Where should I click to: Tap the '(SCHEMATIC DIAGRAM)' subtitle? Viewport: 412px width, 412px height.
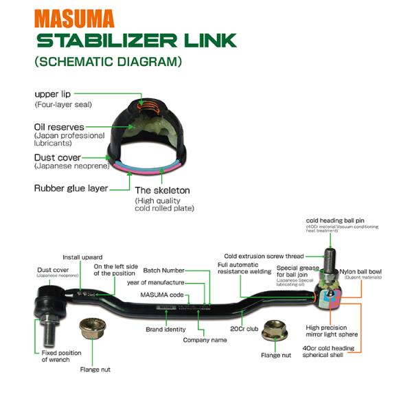[x=108, y=62]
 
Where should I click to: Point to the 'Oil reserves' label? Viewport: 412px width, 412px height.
[x=60, y=127]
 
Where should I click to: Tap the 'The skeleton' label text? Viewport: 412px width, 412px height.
[x=162, y=190]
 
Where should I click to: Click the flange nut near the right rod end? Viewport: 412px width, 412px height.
[x=275, y=331]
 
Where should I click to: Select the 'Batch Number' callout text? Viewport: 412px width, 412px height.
[x=163, y=271]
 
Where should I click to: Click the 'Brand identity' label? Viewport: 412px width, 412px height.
[x=165, y=329]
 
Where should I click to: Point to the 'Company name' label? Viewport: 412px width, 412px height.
[x=205, y=340]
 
